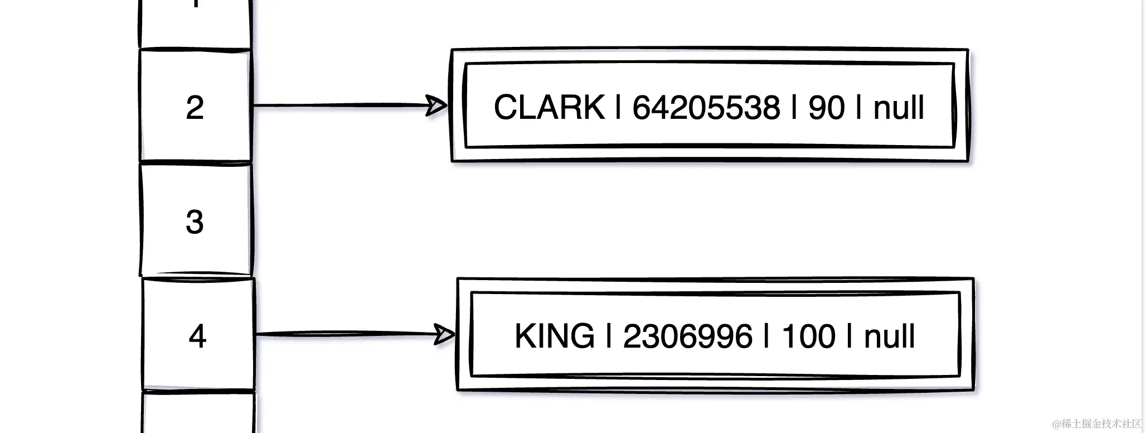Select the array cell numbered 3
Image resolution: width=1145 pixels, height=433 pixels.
click(195, 221)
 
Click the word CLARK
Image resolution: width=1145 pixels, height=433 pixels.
click(549, 107)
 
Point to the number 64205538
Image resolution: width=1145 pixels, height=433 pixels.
click(706, 107)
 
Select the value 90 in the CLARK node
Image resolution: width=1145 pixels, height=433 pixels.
click(826, 107)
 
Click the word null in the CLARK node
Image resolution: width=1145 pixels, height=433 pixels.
click(899, 107)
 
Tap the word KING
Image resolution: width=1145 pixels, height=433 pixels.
click(555, 336)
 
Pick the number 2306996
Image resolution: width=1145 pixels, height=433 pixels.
click(687, 336)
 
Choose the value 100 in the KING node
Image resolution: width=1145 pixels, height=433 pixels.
click(808, 336)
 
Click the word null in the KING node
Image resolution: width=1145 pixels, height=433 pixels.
click(889, 336)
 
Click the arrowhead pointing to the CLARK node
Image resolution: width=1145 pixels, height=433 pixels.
click(436, 105)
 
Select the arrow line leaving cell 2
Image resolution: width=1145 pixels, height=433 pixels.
click(340, 105)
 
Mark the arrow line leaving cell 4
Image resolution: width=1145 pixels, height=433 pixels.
click(346, 334)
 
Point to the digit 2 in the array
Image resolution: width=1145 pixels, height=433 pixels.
click(195, 107)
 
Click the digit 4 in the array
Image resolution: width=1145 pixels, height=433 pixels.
click(198, 336)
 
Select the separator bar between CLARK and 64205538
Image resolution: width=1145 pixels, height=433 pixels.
click(618, 107)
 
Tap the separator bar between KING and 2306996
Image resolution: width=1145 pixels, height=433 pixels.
click(609, 336)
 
